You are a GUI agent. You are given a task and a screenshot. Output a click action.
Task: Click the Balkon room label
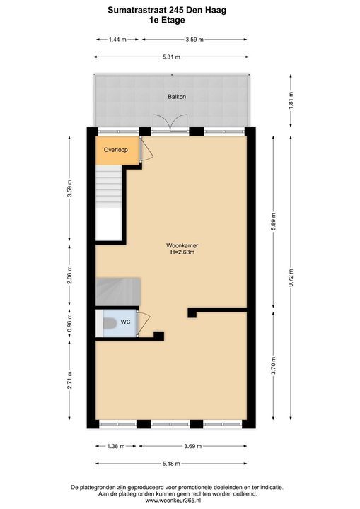click(x=177, y=97)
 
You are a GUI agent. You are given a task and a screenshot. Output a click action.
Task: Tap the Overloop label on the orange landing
click(x=116, y=150)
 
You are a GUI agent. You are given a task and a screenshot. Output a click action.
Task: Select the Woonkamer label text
click(x=182, y=246)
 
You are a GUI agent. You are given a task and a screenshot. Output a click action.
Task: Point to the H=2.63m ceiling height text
click(x=182, y=252)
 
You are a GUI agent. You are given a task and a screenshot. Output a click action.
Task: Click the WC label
click(x=125, y=322)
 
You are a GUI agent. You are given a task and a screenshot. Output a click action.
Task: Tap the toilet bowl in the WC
click(x=110, y=323)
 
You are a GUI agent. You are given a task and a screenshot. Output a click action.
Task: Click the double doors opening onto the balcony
click(x=170, y=123)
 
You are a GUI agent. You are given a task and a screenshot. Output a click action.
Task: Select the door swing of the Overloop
click(x=146, y=148)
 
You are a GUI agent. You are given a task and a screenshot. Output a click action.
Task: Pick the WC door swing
click(x=144, y=324)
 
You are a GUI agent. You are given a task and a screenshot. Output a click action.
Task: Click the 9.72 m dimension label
click(x=291, y=278)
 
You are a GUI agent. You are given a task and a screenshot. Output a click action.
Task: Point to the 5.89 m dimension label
click(x=273, y=222)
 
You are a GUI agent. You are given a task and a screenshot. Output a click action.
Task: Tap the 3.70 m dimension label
click(x=273, y=365)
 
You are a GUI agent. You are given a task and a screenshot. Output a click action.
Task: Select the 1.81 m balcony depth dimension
click(x=291, y=100)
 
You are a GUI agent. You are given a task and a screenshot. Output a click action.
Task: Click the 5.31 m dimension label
click(x=171, y=57)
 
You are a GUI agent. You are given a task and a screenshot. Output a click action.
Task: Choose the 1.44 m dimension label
click(x=117, y=40)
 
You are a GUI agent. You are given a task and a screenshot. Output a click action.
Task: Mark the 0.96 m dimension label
click(x=69, y=324)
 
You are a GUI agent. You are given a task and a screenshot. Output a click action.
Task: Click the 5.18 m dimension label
click(x=171, y=464)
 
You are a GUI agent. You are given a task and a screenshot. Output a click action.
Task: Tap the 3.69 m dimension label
click(x=192, y=446)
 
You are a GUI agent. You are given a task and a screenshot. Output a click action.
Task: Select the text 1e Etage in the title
click(x=167, y=20)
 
